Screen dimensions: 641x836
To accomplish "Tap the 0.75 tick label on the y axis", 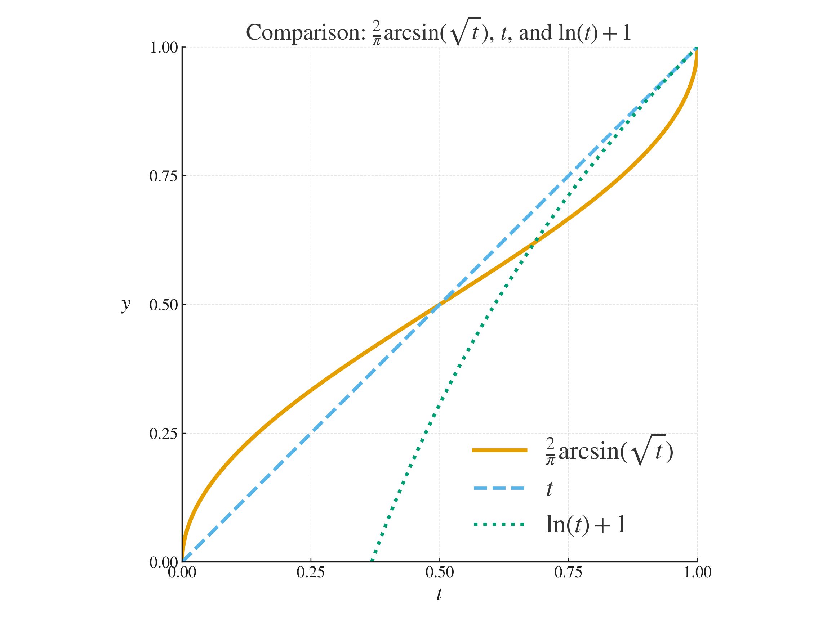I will pyautogui.click(x=163, y=176).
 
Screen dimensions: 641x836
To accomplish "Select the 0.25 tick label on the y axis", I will pyautogui.click(x=163, y=434).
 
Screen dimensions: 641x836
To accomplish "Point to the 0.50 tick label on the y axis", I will pyautogui.click(x=163, y=305).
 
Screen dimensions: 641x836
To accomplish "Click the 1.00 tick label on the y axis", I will pyautogui.click(x=163, y=48).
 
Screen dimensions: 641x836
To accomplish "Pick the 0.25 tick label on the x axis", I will pyautogui.click(x=311, y=573).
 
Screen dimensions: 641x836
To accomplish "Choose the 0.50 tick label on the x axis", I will pyautogui.click(x=439, y=573).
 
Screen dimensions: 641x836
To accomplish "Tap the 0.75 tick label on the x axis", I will pyautogui.click(x=568, y=573).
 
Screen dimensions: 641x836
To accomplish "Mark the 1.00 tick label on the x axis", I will pyautogui.click(x=697, y=573).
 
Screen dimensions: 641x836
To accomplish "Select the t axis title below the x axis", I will pyautogui.click(x=439, y=594).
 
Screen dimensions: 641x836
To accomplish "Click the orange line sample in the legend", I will pyautogui.click(x=499, y=450).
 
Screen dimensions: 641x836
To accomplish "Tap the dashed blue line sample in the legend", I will pyautogui.click(x=499, y=488).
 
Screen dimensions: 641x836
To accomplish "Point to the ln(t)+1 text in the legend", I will pyautogui.click(x=586, y=525).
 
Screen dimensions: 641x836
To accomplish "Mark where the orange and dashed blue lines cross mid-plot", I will pyautogui.click(x=440, y=305).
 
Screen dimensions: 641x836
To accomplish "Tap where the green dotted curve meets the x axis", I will pyautogui.click(x=372, y=561).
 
